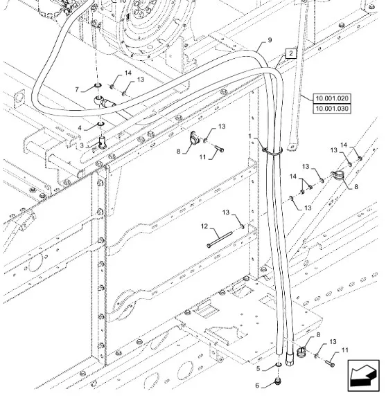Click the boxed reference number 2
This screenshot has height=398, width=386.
290,53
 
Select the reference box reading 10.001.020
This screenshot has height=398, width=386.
332,98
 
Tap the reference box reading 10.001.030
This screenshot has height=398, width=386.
332,109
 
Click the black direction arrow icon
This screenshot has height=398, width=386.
363,376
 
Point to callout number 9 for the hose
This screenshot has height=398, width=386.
270,40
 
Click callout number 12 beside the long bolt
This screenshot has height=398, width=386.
204,226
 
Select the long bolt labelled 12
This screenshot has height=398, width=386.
220,239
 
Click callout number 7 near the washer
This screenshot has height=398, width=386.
77,89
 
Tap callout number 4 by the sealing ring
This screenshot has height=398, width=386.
80,128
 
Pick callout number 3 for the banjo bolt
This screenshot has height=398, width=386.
82,145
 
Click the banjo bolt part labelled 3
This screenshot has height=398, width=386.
102,142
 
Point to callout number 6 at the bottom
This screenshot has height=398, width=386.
257,386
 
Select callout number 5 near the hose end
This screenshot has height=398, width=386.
258,368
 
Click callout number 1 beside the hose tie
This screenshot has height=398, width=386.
249,136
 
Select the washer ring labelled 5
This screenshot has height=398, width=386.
279,365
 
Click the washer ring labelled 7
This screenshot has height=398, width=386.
98,85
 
